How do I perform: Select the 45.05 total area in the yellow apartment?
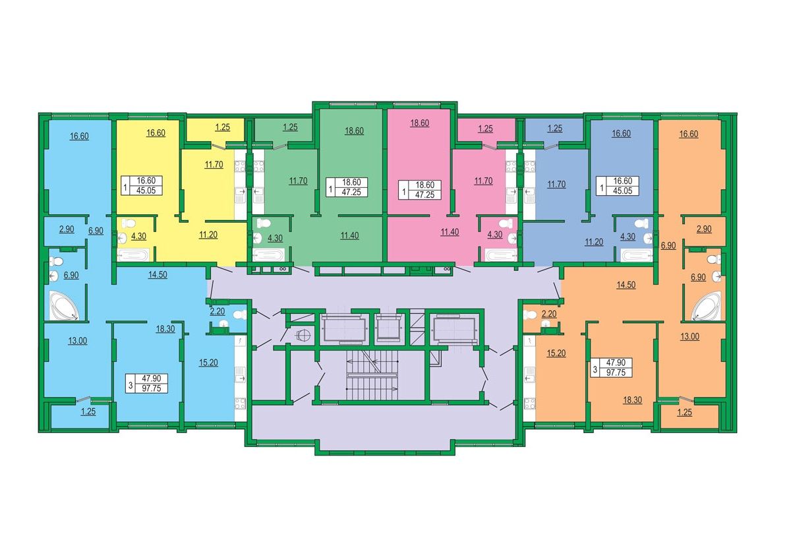146,191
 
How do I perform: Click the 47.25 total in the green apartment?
351,192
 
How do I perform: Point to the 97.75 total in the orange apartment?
616,372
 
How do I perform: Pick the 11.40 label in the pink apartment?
450,232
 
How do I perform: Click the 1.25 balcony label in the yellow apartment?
223,127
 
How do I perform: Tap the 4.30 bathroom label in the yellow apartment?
138,236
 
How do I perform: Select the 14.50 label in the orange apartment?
626,285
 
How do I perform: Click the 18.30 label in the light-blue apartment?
165,329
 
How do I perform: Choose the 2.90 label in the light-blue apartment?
67,229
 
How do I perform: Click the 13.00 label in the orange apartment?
689,337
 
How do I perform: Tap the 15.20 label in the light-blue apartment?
208,363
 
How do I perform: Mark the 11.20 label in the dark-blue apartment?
594,242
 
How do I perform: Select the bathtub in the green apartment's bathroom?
268,255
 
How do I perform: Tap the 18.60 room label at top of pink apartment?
419,123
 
